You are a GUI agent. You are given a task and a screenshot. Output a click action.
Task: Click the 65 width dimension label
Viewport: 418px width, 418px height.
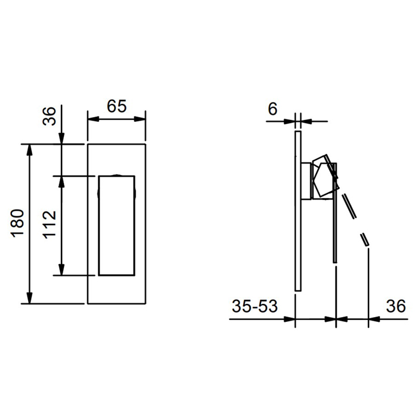116,106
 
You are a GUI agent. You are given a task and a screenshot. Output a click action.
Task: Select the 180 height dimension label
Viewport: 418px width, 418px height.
17,223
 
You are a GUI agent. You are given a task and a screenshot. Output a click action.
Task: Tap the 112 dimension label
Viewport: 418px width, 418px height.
50,225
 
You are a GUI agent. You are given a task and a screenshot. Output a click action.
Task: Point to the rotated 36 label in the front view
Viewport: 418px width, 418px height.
50,116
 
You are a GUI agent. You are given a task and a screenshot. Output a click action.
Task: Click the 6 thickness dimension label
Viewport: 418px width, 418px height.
272,109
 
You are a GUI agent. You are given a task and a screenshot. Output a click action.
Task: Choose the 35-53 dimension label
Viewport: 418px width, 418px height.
254,306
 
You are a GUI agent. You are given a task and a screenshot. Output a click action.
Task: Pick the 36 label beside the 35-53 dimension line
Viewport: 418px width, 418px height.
396,306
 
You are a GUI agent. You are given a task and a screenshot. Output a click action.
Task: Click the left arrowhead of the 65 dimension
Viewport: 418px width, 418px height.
93,119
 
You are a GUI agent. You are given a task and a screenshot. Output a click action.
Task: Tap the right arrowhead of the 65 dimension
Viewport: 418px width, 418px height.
140,119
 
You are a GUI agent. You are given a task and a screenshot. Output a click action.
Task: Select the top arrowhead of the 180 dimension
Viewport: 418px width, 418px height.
30,149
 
